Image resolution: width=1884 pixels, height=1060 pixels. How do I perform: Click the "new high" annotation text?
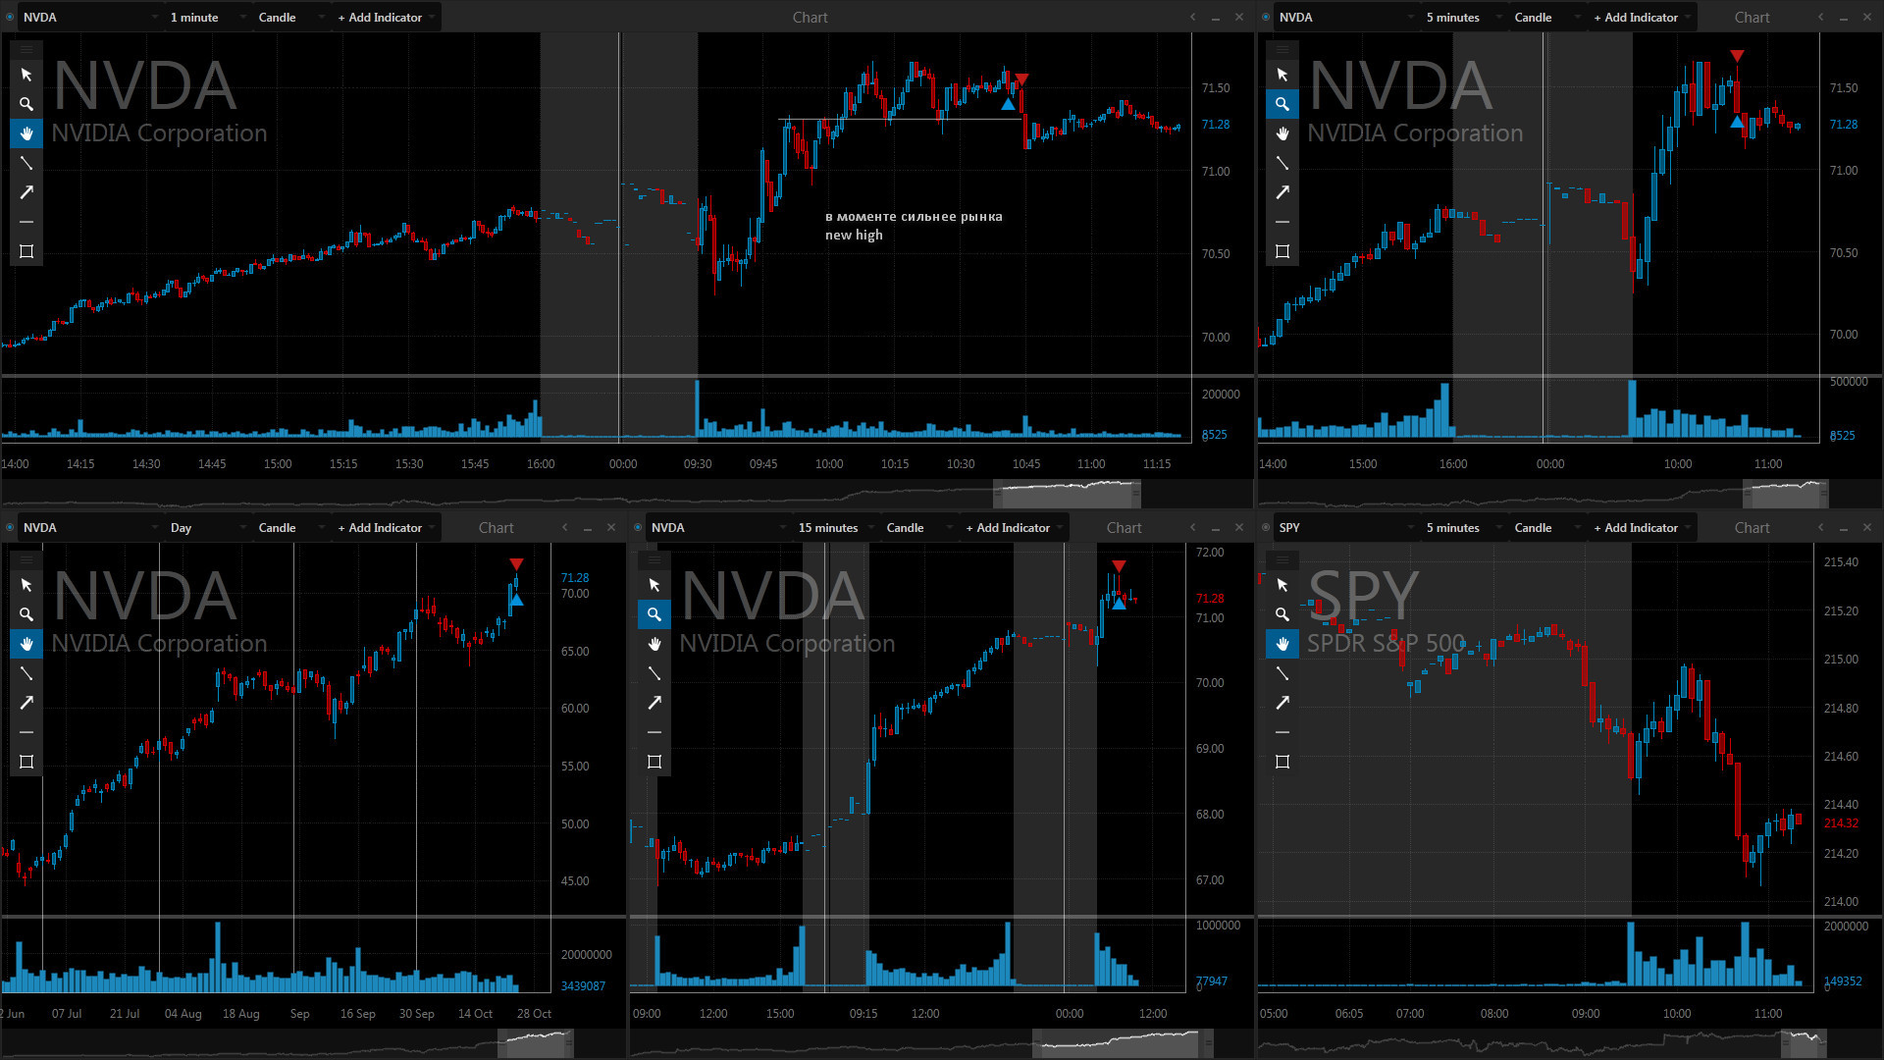point(854,236)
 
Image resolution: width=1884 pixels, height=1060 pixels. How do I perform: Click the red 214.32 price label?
point(1841,823)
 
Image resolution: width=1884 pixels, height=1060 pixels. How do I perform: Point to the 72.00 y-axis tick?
point(1210,553)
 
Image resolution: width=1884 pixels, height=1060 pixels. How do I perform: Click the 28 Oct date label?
point(534,1014)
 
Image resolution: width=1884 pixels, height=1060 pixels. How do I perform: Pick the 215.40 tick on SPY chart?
point(1841,562)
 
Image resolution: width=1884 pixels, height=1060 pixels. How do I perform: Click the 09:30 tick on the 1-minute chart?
point(697,464)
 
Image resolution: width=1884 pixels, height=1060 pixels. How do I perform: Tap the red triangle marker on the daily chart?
point(516,564)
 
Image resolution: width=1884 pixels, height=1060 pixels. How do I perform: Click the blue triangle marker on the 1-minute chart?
point(1008,104)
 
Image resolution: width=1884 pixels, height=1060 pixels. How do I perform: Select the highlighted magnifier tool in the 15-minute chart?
point(654,614)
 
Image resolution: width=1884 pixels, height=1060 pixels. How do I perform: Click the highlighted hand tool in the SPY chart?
point(1282,644)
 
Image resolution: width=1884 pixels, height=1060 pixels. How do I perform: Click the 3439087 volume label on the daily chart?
point(583,986)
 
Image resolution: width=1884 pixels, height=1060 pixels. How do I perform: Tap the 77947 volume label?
point(1211,981)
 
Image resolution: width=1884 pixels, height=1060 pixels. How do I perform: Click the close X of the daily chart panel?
point(611,528)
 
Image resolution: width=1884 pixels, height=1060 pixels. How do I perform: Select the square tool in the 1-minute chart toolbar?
point(26,251)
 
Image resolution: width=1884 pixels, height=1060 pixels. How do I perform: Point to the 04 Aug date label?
point(183,1014)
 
